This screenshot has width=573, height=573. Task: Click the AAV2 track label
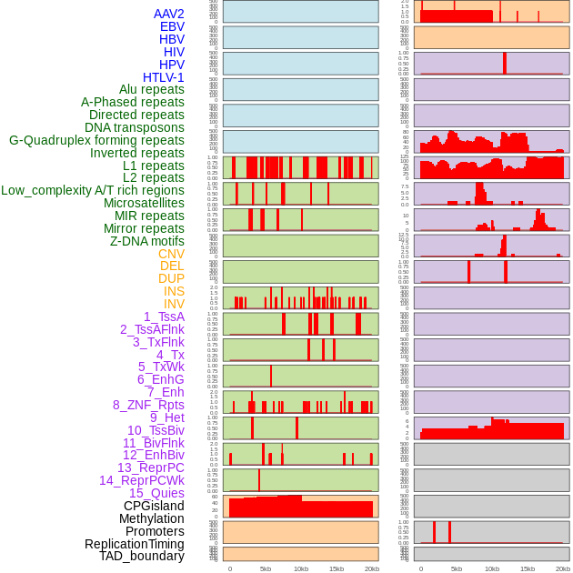coord(168,14)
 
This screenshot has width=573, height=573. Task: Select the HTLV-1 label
coord(163,77)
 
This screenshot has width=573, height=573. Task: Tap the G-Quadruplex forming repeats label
coord(96,140)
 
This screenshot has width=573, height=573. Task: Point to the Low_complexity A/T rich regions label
coord(93,190)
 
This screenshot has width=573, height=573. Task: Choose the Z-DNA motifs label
coord(146,241)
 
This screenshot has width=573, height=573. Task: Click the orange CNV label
coord(171,254)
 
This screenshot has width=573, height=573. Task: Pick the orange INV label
coord(174,304)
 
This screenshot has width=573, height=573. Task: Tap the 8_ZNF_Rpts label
coord(148,405)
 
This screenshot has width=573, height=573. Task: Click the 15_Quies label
coord(156,493)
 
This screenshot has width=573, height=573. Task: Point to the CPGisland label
coord(154,506)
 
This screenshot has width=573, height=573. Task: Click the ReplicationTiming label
coord(135,544)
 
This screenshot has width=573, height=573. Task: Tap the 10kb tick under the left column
coord(300,568)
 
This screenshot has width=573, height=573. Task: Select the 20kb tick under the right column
coord(562,568)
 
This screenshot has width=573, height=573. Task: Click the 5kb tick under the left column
coord(266,568)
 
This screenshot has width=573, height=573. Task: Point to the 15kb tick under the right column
coord(527,568)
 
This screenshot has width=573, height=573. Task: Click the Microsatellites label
coord(144,203)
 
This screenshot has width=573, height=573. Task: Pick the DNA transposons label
coord(135,127)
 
